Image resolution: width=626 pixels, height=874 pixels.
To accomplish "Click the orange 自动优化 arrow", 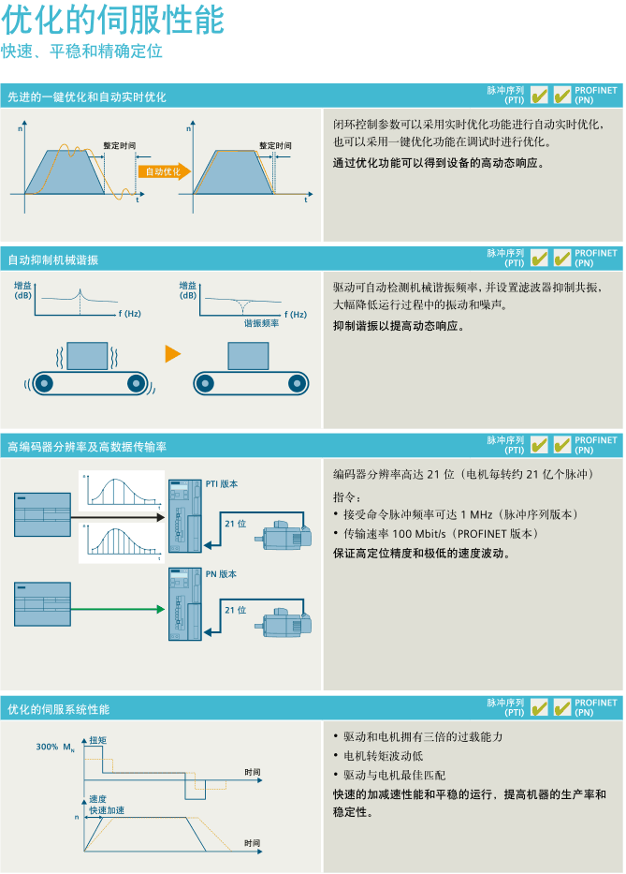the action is [x=165, y=171].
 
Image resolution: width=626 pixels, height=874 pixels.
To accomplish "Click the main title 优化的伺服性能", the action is [x=113, y=20].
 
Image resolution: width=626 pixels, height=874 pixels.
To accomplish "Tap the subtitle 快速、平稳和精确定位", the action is [x=81, y=52].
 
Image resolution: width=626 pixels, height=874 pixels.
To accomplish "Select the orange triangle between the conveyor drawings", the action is [x=173, y=354].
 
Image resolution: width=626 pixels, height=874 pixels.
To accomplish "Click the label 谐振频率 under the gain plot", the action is [x=261, y=323].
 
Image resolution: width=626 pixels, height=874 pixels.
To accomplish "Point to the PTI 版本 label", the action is [x=222, y=483].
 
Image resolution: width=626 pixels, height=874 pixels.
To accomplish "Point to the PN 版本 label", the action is [x=221, y=574].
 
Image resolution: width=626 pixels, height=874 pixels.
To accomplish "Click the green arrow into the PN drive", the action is [x=118, y=609].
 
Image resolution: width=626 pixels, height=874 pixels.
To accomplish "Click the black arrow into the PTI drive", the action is [x=118, y=517].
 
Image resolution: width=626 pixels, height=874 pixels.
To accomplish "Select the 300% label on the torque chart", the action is [x=47, y=747].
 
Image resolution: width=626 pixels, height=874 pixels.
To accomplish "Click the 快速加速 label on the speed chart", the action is [x=107, y=810].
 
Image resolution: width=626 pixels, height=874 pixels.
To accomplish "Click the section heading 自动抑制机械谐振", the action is [x=53, y=260].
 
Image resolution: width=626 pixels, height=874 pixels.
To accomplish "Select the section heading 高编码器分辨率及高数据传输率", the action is [x=87, y=447].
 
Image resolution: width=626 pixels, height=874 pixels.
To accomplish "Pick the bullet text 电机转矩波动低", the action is [x=383, y=756].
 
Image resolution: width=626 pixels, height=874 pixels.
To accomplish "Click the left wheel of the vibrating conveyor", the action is [x=43, y=383].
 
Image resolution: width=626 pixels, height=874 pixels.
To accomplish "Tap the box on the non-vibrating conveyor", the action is [x=248, y=356].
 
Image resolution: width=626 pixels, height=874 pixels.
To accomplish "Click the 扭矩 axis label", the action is [x=98, y=740].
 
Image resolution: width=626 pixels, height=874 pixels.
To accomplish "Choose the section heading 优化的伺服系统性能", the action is [x=58, y=709].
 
